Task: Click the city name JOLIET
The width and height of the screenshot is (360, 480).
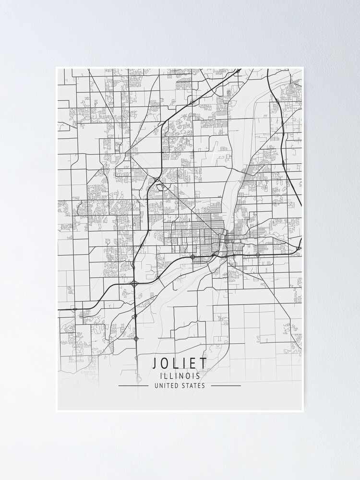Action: pyautogui.click(x=180, y=363)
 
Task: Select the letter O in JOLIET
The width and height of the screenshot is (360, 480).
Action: pyautogui.click(x=166, y=363)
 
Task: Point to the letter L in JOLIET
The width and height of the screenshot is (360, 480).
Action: pyautogui.click(x=176, y=363)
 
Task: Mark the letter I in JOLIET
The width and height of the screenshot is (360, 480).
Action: pyautogui.click(x=184, y=363)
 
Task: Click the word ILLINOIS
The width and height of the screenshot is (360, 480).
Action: pyautogui.click(x=180, y=376)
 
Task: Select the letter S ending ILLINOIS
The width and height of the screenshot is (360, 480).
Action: pyautogui.click(x=198, y=376)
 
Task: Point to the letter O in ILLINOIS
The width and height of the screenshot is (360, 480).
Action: pyautogui.click(x=188, y=376)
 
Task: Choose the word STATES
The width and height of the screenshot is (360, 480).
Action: pyautogui.click(x=193, y=385)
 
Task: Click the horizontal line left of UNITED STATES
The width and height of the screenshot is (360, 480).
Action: pyautogui.click(x=133, y=385)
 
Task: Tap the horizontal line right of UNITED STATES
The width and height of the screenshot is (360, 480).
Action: pyautogui.click(x=226, y=385)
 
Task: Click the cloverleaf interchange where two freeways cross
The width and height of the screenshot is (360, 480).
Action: pyautogui.click(x=134, y=284)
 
